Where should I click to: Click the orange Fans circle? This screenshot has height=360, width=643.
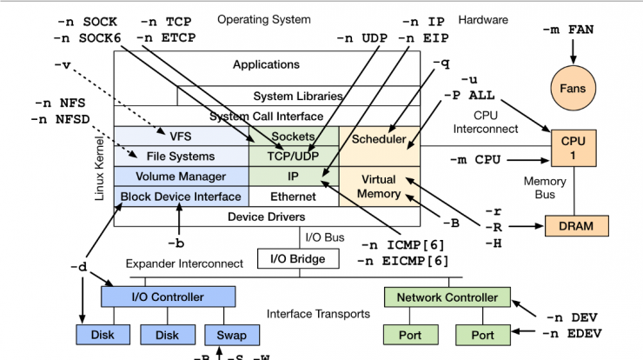pos(573,89)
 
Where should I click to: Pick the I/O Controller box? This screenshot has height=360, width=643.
pos(168,297)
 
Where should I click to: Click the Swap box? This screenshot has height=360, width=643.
pos(225,335)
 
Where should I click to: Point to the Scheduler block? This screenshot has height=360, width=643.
pos(379,139)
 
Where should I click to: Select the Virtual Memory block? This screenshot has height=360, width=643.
pos(379,186)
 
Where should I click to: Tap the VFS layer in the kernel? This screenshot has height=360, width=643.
pos(181,137)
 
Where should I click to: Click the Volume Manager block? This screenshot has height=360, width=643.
pos(181,177)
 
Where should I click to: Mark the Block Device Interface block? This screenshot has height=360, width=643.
pos(181,197)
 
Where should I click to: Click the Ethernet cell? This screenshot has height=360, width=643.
pos(293,197)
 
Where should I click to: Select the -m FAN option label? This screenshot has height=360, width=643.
pos(569,30)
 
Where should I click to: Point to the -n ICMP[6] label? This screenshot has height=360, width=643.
pos(405,244)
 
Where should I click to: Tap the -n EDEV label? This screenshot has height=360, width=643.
pos(573,333)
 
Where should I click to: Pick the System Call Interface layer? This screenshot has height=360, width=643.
pos(267,116)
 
